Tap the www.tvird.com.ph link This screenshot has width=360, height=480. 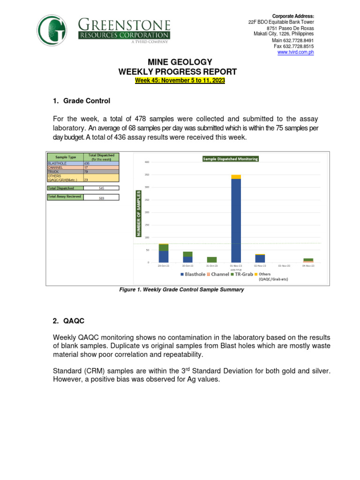[295, 52]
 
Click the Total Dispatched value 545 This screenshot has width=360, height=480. [101, 188]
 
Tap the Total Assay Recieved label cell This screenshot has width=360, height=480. [65, 197]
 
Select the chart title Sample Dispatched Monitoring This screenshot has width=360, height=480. [230, 159]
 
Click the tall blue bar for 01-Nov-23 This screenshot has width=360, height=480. [236, 220]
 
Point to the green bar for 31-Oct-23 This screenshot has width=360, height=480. [212, 259]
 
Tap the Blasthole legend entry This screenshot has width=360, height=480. [193, 274]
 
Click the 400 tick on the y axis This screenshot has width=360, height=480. [147, 162]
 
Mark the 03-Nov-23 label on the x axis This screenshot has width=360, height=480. [285, 266]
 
